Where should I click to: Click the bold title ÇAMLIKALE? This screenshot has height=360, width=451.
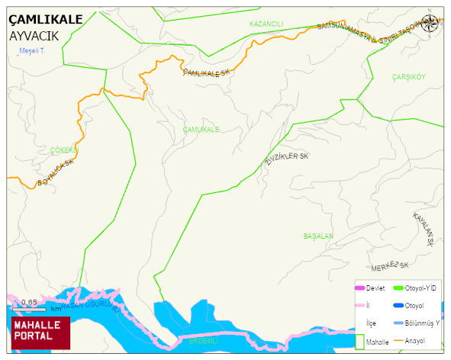tap(45, 20)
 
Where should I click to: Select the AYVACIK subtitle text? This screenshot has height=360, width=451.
tap(34, 36)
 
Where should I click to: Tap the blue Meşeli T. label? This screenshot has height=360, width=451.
tap(33, 51)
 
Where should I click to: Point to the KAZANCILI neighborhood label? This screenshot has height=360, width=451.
tap(266, 24)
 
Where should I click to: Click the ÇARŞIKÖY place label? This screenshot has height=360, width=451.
tap(408, 77)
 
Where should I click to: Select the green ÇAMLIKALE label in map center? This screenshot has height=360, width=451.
tap(201, 130)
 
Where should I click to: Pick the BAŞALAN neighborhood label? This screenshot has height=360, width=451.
tap(318, 236)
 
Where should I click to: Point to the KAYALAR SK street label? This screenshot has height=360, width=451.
tap(423, 229)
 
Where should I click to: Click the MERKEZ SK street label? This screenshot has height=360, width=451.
tap(390, 267)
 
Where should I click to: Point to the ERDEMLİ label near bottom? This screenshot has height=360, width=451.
tap(204, 340)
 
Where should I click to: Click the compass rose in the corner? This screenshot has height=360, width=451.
tap(430, 24)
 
